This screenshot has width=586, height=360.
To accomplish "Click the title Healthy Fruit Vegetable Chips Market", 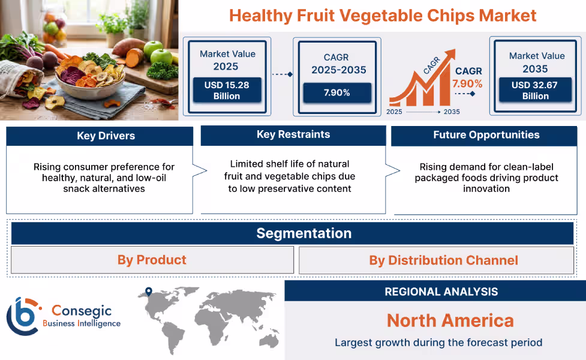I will coord(383,15).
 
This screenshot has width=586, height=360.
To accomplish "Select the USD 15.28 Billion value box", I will coord(227,90).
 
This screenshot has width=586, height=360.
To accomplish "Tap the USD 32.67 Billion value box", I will coord(535,90).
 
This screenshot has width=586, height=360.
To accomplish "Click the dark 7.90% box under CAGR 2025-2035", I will coord(337,92).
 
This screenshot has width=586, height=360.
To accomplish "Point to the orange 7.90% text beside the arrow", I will coord(467,83).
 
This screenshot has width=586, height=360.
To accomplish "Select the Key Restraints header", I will coord(293,134).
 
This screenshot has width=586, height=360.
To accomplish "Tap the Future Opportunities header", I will coord(486,135).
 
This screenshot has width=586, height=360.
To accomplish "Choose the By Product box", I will coord(152,260).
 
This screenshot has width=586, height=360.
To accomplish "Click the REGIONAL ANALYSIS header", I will coord(441,292).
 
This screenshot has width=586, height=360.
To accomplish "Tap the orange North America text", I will coord(450,320).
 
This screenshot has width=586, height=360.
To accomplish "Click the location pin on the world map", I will coord(149,292).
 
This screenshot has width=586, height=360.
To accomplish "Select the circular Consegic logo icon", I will coord(23,316).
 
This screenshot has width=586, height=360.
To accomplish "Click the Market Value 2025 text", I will coord(227,60).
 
